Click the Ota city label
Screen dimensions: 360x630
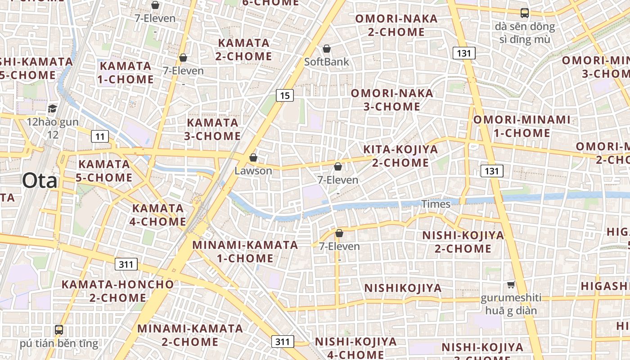pyautogui.click(x=40, y=180)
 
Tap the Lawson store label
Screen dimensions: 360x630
pyautogui.click(x=253, y=171)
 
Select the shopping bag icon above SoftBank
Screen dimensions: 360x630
pyautogui.click(x=327, y=49)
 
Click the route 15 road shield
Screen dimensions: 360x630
pyautogui.click(x=284, y=95)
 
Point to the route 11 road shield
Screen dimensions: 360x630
pyautogui.click(x=100, y=136)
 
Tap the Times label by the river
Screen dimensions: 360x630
pyautogui.click(x=436, y=204)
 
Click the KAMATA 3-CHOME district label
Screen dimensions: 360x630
pyautogui.click(x=212, y=129)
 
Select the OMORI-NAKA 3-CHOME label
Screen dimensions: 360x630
pyautogui.click(x=392, y=100)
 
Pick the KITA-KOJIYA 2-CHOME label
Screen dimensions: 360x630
pyautogui.click(x=400, y=156)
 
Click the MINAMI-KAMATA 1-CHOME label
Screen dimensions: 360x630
pyautogui.click(x=245, y=252)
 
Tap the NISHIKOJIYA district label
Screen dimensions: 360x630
pyautogui.click(x=403, y=288)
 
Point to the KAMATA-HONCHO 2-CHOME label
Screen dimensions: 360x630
pyautogui.click(x=117, y=291)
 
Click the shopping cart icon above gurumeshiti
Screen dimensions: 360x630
pyautogui.click(x=511, y=284)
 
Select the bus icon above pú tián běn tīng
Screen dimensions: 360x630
pyautogui.click(x=59, y=330)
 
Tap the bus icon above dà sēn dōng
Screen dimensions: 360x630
pyautogui.click(x=525, y=13)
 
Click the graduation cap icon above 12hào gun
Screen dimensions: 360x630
pyautogui.click(x=53, y=108)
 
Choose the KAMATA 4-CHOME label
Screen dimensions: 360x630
pyautogui.click(x=158, y=215)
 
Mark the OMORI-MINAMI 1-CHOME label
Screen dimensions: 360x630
pyautogui.click(x=522, y=126)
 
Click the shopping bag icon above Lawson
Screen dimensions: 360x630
pyautogui.click(x=253, y=157)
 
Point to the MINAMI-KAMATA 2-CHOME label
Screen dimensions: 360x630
pyautogui.click(x=190, y=335)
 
